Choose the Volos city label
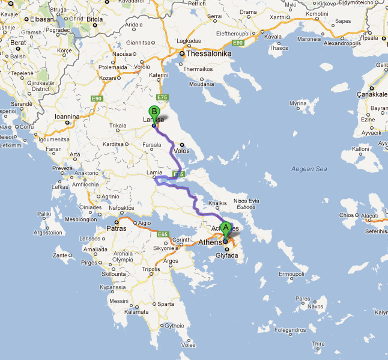tap(181, 151)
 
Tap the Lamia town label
tap(143, 172)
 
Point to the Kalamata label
tap(136, 312)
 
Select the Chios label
tap(347, 215)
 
